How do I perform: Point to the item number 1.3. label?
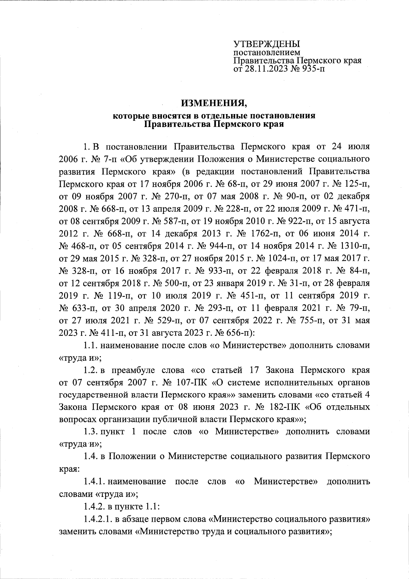[x=91, y=432]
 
